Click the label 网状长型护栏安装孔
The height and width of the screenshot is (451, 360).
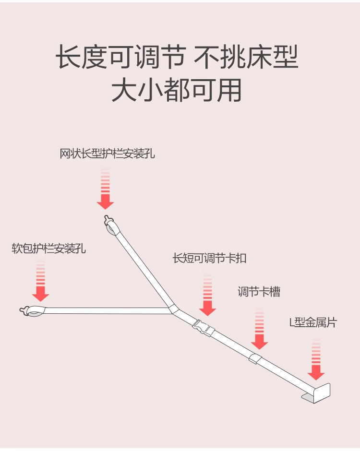pyautogui.click(x=108, y=154)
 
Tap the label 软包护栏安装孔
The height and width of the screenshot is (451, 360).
pyautogui.click(x=49, y=249)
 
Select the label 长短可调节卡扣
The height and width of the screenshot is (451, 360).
pyautogui.click(x=210, y=258)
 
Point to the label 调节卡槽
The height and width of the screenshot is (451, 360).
pyautogui.click(x=259, y=292)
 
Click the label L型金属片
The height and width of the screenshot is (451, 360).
pyautogui.click(x=313, y=322)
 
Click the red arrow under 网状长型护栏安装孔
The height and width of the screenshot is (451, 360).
pyautogui.click(x=105, y=190)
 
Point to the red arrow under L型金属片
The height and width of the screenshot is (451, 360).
pyautogui.click(x=316, y=361)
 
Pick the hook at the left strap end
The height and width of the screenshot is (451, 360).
pyautogui.click(x=29, y=311)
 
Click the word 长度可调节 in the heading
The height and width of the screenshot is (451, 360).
pyautogui.click(x=120, y=58)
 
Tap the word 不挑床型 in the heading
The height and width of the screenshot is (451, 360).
pyautogui.click(x=246, y=58)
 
